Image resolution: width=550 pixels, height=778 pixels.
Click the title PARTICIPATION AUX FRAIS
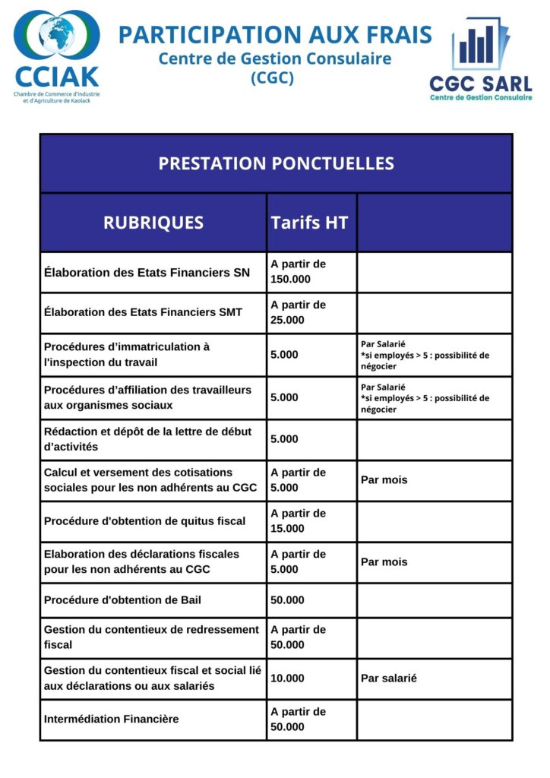[275, 34]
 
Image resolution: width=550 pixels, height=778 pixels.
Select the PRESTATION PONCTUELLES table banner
[276, 163]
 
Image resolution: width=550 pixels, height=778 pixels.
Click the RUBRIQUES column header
[153, 223]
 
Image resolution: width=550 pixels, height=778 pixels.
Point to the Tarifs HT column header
[309, 223]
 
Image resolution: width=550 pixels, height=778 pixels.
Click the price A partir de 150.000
[298, 272]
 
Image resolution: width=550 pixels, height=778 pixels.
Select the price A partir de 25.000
[298, 312]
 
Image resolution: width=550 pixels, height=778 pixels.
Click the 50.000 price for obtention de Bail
[287, 600]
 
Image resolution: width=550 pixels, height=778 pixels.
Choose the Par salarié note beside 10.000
[388, 678]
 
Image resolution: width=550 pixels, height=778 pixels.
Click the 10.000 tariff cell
[287, 678]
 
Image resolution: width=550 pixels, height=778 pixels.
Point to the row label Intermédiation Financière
[112, 719]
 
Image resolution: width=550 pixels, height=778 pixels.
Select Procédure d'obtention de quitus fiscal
[144, 521]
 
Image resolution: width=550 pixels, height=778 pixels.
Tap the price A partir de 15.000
[298, 521]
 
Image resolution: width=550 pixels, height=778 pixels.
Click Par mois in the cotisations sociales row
[384, 480]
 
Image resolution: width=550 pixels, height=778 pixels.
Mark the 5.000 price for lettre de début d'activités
[284, 439]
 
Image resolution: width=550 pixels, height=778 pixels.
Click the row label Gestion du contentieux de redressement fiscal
[151, 637]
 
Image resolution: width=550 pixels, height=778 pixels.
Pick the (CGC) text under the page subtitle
[272, 77]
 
